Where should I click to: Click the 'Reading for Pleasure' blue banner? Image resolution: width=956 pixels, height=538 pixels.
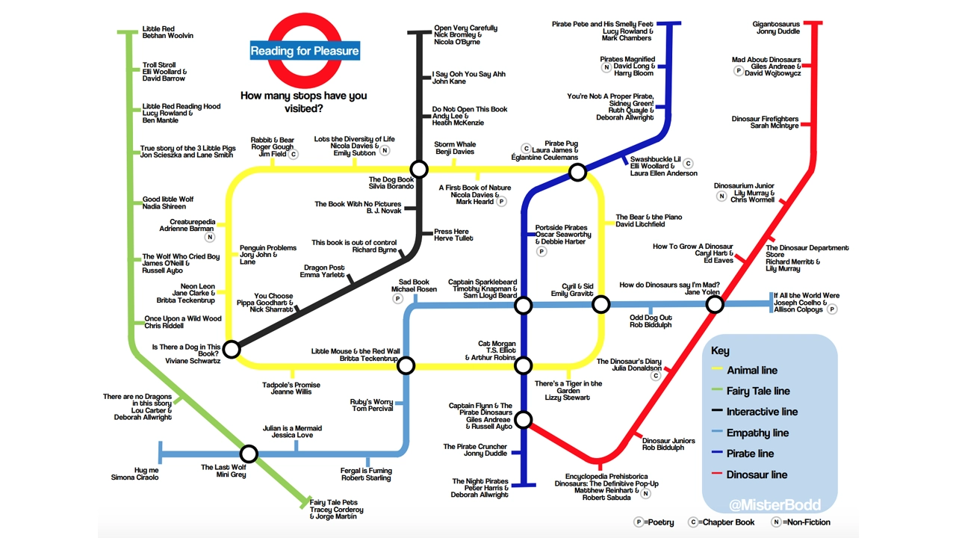click(305, 52)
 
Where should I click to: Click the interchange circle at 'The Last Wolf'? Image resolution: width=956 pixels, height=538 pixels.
click(249, 454)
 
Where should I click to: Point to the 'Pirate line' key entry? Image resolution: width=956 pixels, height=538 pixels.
click(751, 454)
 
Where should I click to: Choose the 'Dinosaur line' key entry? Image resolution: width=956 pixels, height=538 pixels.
click(757, 474)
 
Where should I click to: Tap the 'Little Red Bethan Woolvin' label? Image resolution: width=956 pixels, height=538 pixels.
click(168, 32)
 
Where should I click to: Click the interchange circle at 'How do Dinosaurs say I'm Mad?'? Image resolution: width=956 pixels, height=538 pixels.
click(715, 304)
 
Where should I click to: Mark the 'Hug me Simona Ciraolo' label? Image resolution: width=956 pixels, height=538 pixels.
click(135, 474)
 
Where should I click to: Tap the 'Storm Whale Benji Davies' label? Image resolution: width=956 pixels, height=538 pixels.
click(455, 148)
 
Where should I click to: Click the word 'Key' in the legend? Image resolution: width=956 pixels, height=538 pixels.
click(720, 351)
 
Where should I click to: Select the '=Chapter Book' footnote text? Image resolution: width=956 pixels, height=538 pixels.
click(728, 522)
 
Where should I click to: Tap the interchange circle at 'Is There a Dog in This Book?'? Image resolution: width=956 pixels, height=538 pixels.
click(232, 349)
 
